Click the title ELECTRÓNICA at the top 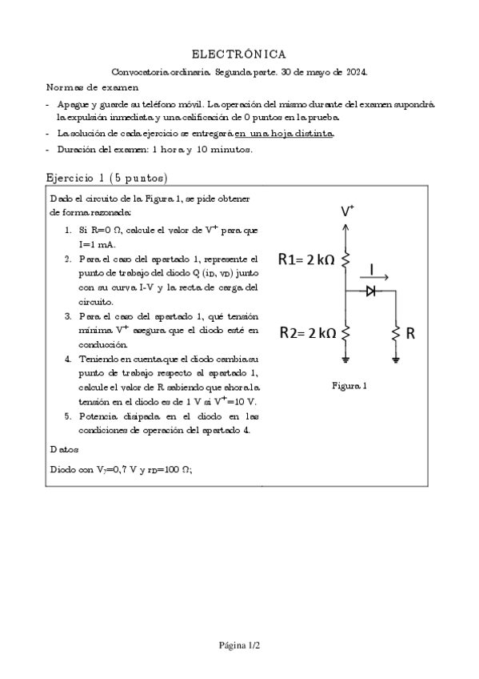click(x=239, y=54)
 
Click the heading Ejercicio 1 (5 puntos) click(x=106, y=178)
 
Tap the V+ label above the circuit click(x=348, y=211)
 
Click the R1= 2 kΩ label click(x=308, y=259)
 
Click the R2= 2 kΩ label click(x=308, y=333)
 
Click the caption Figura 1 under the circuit click(x=349, y=386)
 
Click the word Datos click(x=63, y=451)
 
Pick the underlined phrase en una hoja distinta click(x=285, y=134)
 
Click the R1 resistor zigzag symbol click(x=345, y=259)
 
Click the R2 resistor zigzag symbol click(x=345, y=333)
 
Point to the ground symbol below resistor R click(x=395, y=360)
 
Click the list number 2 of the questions click(x=68, y=259)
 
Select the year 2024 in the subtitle click(x=356, y=71)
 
